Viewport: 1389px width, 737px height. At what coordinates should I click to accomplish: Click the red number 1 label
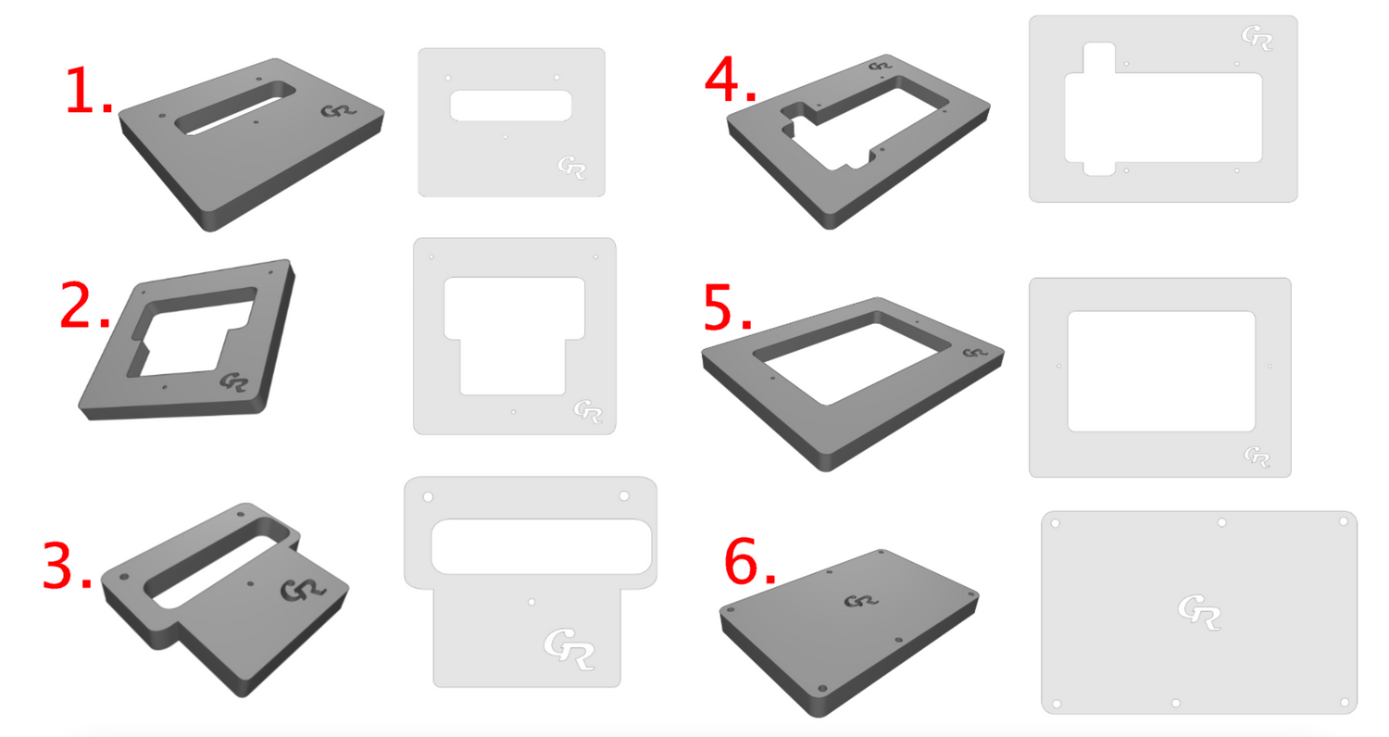pyautogui.click(x=88, y=91)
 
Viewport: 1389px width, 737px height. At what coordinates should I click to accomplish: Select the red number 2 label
pyautogui.click(x=85, y=305)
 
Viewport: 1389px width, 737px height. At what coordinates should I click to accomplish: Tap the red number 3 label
pyautogui.click(x=67, y=566)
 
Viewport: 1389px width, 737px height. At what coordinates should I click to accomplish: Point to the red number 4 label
pyautogui.click(x=731, y=79)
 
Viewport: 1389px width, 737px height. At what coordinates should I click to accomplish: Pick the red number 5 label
pyautogui.click(x=727, y=306)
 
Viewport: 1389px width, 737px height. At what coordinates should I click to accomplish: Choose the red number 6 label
pyautogui.click(x=750, y=562)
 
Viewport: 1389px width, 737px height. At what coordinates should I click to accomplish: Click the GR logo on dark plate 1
pyautogui.click(x=339, y=112)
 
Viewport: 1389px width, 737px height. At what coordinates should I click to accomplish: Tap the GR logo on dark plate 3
pyautogui.click(x=303, y=590)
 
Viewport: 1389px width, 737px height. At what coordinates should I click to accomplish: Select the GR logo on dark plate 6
pyautogui.click(x=860, y=601)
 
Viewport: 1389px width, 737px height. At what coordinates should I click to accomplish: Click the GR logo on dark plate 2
pyautogui.click(x=233, y=381)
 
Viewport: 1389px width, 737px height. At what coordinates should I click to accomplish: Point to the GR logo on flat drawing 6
pyautogui.click(x=1198, y=612)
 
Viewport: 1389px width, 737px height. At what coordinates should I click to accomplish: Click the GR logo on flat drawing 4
pyautogui.click(x=1257, y=38)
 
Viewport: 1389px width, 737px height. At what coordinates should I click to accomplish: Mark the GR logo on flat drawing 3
pyautogui.click(x=569, y=649)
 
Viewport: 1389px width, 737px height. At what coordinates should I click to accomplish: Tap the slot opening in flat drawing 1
pyautogui.click(x=510, y=106)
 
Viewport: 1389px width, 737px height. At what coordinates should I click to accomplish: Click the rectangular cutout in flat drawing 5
pyautogui.click(x=1161, y=371)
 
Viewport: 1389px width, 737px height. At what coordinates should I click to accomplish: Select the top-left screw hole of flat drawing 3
pyautogui.click(x=428, y=497)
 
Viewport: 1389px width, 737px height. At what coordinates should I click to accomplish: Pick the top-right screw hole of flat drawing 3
pyautogui.click(x=624, y=496)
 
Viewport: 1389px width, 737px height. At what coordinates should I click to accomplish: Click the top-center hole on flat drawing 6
pyautogui.click(x=1221, y=522)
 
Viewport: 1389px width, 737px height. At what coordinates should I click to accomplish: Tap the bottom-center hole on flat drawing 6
pyautogui.click(x=1176, y=703)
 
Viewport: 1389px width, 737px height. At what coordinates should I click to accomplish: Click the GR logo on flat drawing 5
pyautogui.click(x=1257, y=456)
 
